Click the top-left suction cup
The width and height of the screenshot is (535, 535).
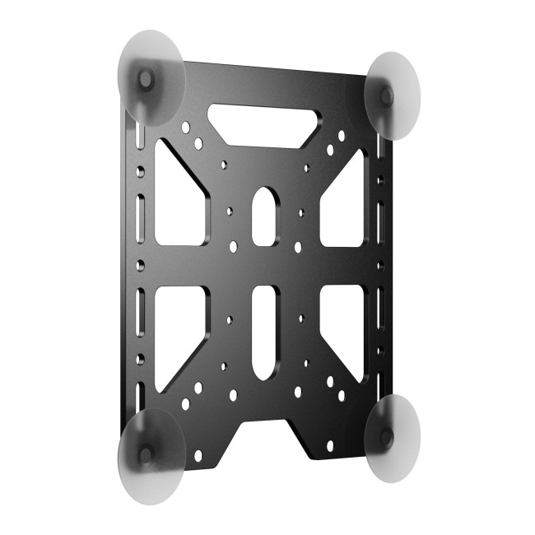tap(152, 78)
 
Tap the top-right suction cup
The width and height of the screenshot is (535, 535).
tap(392, 95)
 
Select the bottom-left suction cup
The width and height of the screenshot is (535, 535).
tap(151, 455)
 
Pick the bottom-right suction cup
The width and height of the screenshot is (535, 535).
tap(392, 439)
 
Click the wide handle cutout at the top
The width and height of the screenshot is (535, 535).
tap(263, 124)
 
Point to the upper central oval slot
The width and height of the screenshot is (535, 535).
tap(263, 216)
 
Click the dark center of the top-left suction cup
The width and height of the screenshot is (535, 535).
tap(146, 79)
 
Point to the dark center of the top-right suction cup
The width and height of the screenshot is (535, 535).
tap(387, 96)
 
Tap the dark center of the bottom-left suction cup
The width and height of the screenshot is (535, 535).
tap(146, 454)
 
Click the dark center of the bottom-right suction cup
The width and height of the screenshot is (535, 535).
tap(385, 436)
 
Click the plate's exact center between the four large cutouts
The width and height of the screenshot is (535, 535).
tap(263, 267)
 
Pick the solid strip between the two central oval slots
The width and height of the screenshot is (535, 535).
tap(263, 267)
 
